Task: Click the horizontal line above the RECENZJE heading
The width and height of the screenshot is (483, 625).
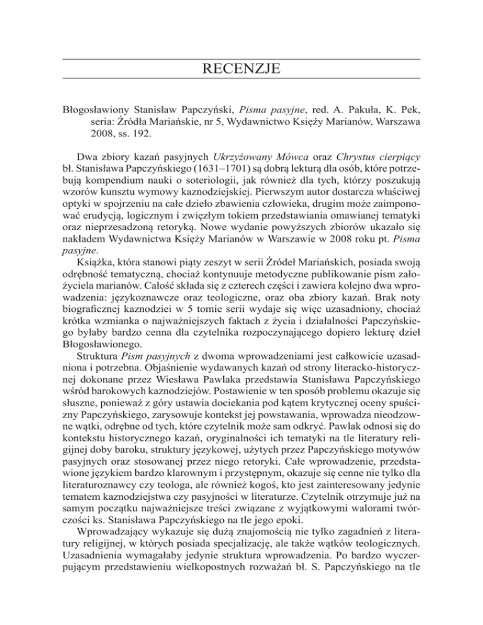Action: coord(241,58)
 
